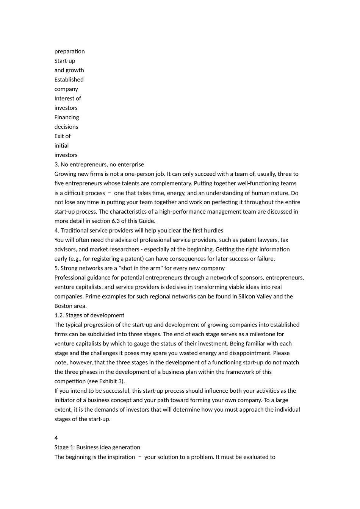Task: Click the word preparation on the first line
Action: coord(69,52)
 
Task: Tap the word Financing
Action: coord(67,117)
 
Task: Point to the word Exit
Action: coord(59,136)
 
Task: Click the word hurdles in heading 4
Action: coord(213,231)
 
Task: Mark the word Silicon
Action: coord(248,297)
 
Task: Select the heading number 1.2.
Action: coord(59,315)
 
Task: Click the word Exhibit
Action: coord(108,381)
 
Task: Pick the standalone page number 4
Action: coord(56,438)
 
